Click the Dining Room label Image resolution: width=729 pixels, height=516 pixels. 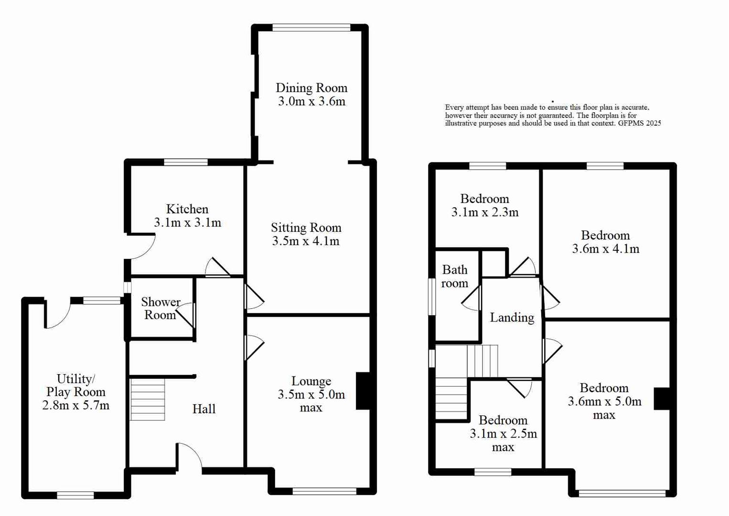coord(311,88)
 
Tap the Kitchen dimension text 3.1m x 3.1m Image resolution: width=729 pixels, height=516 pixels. coord(187,223)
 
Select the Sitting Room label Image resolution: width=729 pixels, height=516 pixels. coord(306,227)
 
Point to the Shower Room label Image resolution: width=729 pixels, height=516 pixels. coord(161,309)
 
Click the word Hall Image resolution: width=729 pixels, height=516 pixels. coord(204,409)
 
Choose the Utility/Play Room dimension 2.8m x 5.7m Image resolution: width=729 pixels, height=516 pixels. coord(75,406)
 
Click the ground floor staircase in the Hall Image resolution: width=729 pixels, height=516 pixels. coord(148,399)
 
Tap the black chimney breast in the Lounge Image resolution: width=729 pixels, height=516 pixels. coord(363,391)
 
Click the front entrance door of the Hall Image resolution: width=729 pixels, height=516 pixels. coord(189,459)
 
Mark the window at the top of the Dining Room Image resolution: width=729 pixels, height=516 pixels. coord(311,28)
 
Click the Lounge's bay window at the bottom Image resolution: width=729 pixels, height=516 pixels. coord(324,491)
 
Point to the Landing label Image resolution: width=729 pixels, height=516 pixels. coord(512,318)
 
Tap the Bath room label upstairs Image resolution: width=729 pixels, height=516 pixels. coord(454,277)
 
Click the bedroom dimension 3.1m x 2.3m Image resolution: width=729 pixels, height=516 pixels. coord(484,213)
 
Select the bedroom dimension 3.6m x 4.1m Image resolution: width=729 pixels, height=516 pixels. coord(605,249)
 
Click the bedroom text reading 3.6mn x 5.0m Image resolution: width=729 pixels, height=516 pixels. coord(604,402)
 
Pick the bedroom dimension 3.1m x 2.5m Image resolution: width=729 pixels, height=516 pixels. coord(503,434)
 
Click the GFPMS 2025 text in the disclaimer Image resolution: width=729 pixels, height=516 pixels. coord(639,123)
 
